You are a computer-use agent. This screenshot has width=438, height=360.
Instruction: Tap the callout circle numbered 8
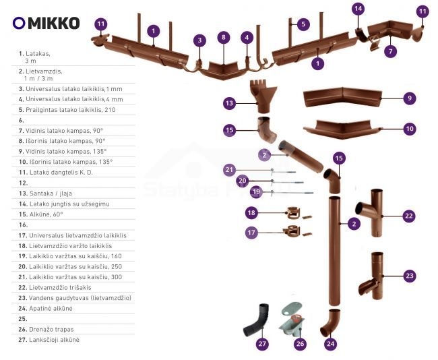pos(223,37)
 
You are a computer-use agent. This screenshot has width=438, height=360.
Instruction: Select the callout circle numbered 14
pos(358,9)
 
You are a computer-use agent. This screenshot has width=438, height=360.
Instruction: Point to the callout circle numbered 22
pos(408,216)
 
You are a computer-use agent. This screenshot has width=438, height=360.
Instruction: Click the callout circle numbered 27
pos(263,344)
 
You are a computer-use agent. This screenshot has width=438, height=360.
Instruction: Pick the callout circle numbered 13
pos(229,103)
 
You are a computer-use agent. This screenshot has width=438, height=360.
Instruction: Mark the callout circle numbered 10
pos(408,128)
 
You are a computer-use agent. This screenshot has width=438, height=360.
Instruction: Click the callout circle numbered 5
pos(303,24)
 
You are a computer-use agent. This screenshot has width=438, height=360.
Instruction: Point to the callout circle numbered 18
pos(251,212)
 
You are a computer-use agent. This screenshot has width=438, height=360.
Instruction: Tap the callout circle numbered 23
pos(408,275)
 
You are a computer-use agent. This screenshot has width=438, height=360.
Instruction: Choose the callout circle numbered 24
pos(330,344)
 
